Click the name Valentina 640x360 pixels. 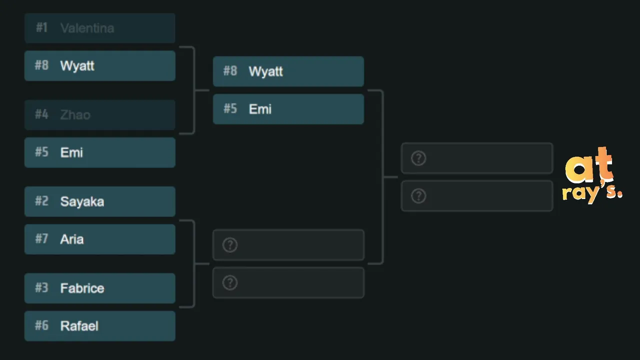[87, 28]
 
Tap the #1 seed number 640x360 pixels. [41, 27]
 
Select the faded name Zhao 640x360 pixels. [75, 115]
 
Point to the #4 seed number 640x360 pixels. [41, 114]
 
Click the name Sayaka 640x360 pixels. [82, 201]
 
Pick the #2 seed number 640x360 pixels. [41, 201]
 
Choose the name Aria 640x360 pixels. [72, 239]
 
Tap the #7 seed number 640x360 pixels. [41, 239]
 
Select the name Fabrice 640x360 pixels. [82, 288]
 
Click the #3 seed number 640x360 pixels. [41, 288]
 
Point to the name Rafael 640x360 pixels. [79, 326]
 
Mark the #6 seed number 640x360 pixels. [41, 325]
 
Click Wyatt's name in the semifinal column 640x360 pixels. [265, 71]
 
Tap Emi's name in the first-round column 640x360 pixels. [71, 152]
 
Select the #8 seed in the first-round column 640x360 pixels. [41, 65]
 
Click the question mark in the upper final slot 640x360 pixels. [418, 158]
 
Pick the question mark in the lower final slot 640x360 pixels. [418, 196]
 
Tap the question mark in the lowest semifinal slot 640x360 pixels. [230, 283]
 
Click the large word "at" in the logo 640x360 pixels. [589, 165]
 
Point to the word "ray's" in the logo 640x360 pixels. [592, 192]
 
